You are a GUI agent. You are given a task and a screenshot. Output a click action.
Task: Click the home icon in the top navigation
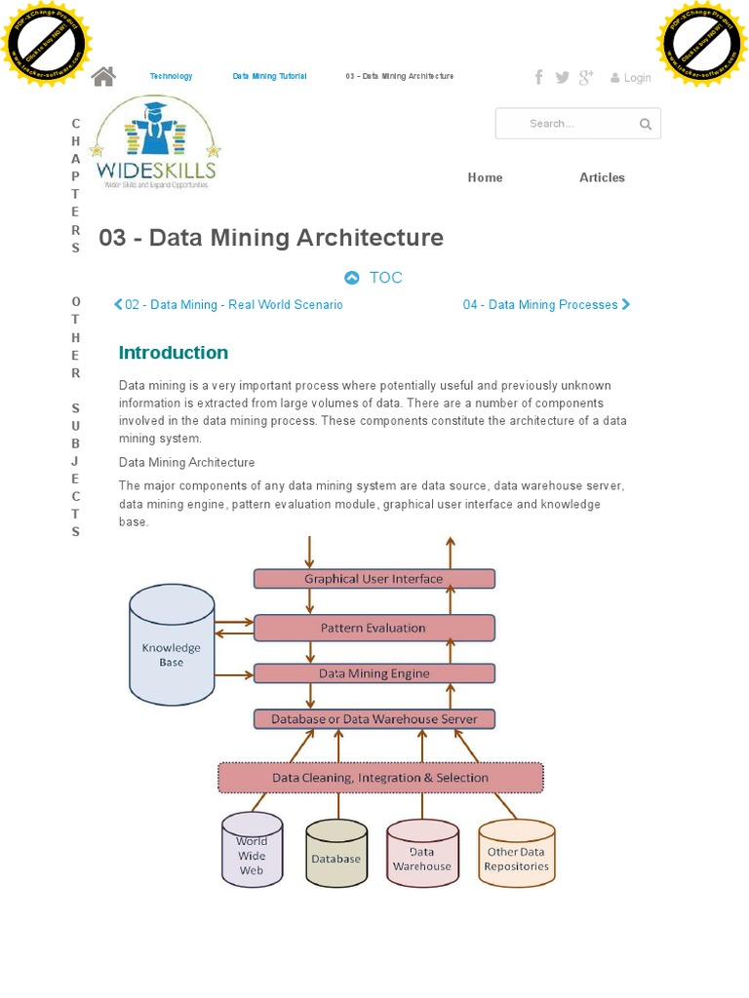[103, 76]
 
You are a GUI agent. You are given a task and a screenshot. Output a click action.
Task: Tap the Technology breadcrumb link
[171, 76]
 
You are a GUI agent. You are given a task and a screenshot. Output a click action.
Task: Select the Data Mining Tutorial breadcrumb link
[269, 76]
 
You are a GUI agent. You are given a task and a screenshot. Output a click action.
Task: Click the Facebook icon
[538, 77]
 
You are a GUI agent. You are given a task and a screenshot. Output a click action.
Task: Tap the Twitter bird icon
[563, 77]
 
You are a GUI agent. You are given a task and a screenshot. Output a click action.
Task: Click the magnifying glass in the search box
[646, 124]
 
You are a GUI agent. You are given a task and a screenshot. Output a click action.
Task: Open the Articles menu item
[602, 177]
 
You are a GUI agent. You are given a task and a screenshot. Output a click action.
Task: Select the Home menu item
[485, 177]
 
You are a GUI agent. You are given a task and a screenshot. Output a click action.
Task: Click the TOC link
[374, 278]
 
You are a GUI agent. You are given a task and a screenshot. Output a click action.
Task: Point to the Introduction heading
[174, 353]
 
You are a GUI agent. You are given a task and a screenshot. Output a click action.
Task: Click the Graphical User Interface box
[374, 579]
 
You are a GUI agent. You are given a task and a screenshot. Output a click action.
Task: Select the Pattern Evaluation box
[374, 629]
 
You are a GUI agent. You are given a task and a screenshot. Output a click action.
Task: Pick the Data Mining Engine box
[374, 673]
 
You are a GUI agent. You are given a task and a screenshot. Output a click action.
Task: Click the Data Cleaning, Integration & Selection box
[380, 778]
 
